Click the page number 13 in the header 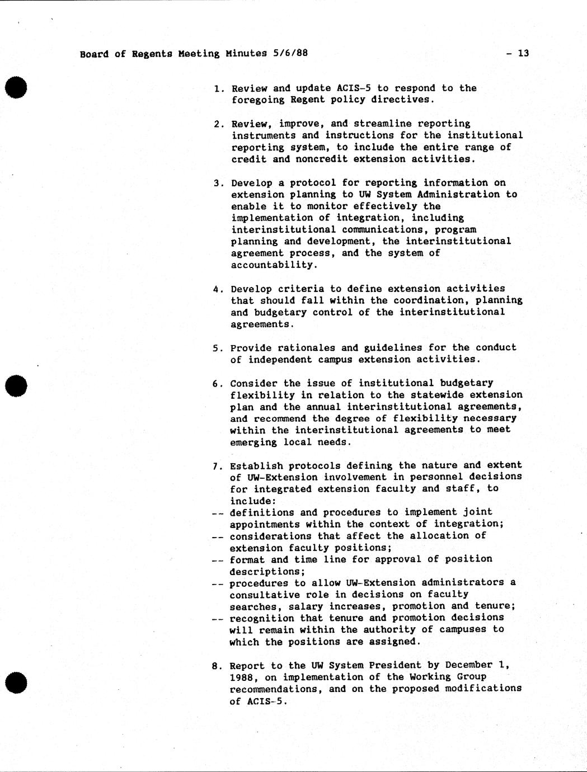coord(523,54)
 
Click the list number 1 coord(218,88)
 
